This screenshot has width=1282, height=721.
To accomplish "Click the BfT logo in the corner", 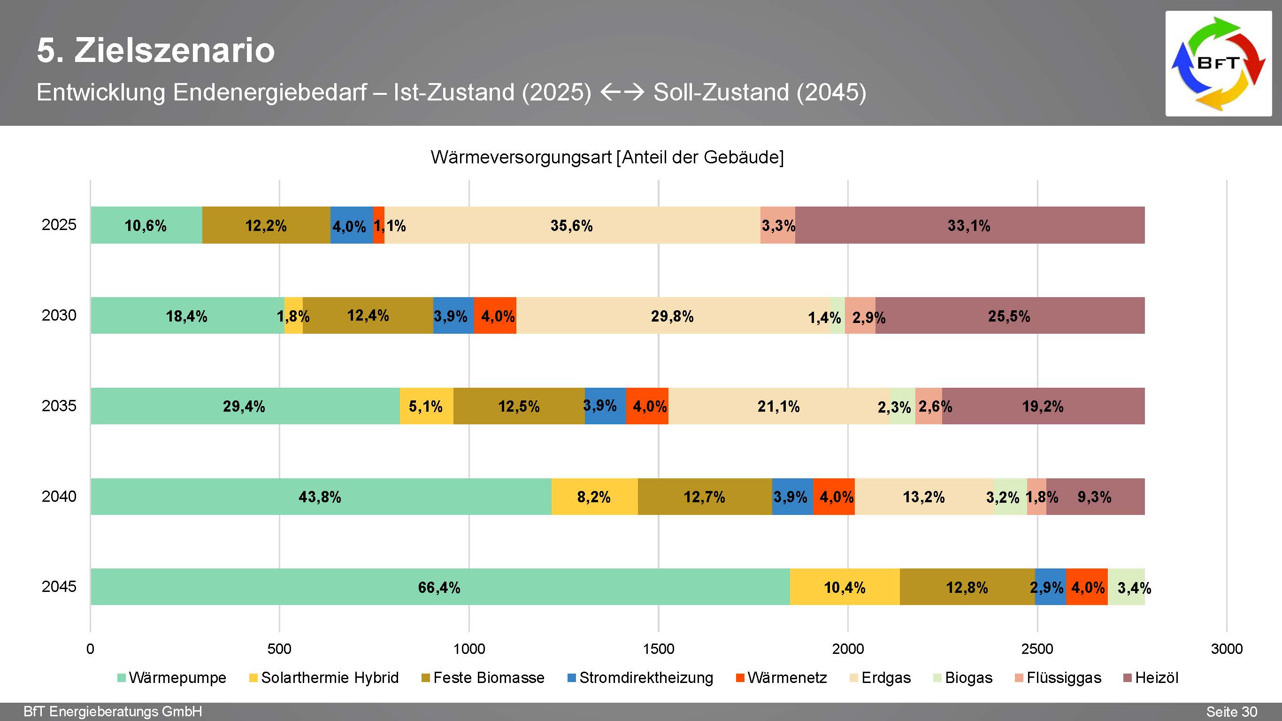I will pyautogui.click(x=1218, y=64).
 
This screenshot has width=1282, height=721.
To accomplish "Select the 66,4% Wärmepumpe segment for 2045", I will pyautogui.click(x=439, y=587).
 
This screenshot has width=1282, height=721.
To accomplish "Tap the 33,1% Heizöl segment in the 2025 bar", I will pyautogui.click(x=969, y=225).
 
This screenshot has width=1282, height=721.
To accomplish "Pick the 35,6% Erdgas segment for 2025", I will pyautogui.click(x=572, y=225).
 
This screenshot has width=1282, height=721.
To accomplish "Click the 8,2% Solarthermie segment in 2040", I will pyautogui.click(x=594, y=496).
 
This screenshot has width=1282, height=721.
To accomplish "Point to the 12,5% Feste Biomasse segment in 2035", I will pyautogui.click(x=519, y=406).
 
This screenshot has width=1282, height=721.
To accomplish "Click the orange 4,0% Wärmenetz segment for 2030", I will pyautogui.click(x=495, y=315).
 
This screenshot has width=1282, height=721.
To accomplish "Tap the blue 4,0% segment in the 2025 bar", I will pyautogui.click(x=351, y=225).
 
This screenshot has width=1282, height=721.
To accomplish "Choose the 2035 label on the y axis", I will pyautogui.click(x=59, y=406).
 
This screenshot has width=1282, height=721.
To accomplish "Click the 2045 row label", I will pyautogui.click(x=59, y=586).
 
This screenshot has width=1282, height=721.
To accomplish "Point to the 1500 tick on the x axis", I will pyautogui.click(x=659, y=649).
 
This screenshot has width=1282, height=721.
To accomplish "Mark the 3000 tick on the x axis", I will pyautogui.click(x=1226, y=649).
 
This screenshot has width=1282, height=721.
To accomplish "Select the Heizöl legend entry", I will pyautogui.click(x=1151, y=678).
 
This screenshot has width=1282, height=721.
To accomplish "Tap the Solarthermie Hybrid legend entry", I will pyautogui.click(x=324, y=678).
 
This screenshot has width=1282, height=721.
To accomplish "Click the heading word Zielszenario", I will pyautogui.click(x=174, y=50).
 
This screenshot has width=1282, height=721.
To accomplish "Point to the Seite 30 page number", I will pyautogui.click(x=1231, y=712).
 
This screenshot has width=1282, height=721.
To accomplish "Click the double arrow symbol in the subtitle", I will pyautogui.click(x=622, y=92).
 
